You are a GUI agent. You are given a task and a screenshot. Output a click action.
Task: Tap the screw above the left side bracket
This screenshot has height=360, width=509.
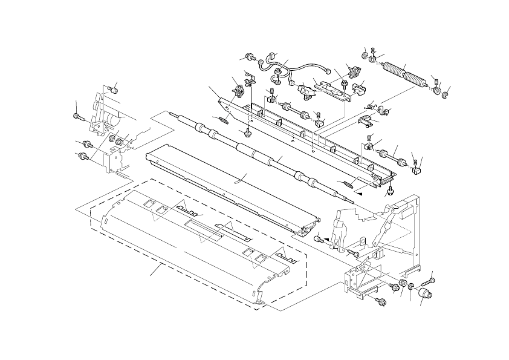point(111,90)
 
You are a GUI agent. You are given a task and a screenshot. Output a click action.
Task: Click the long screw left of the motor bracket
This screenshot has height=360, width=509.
point(78,116)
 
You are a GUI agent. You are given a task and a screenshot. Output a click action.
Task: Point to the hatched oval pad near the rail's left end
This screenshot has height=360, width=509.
point(222,119)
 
